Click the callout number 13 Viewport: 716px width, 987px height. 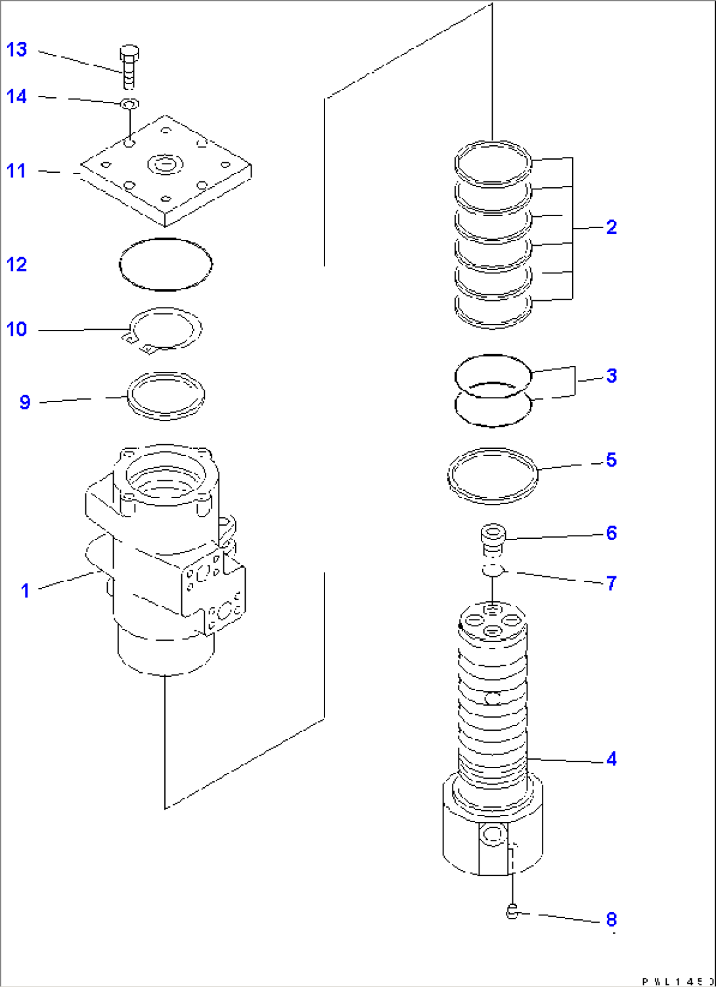point(16,50)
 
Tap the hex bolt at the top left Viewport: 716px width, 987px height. point(129,66)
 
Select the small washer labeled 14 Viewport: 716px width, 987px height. point(129,104)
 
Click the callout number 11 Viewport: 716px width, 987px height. point(16,171)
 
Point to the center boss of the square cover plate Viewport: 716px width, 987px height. point(165,164)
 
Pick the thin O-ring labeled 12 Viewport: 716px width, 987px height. point(166,264)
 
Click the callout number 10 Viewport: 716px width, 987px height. point(16,329)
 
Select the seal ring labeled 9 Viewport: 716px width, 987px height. point(166,396)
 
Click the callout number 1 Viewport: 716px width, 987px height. point(25,590)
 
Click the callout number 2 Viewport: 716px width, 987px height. point(611,227)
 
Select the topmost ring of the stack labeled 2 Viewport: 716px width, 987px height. point(493,164)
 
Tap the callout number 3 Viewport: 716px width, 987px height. point(611,376)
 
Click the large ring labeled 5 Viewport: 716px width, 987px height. point(493,476)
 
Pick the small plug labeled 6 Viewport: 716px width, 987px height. point(492,539)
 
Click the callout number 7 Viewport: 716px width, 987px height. point(611,583)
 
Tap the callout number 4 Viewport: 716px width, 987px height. point(611,759)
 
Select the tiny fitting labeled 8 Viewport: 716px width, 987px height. point(513,911)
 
